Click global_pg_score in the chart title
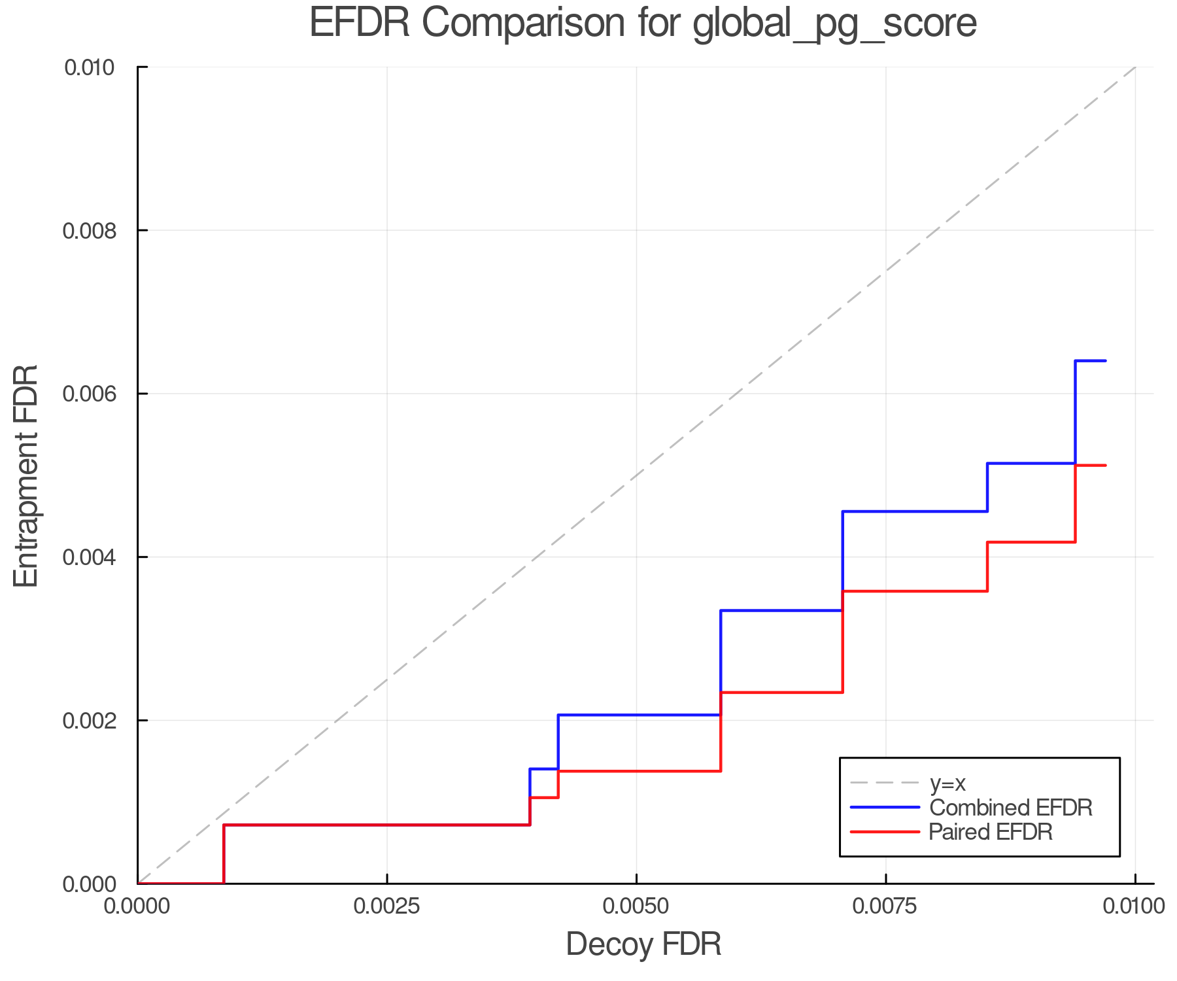click(834, 24)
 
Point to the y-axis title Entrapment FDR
click(26, 475)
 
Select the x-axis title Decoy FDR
click(643, 944)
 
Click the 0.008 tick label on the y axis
click(89, 230)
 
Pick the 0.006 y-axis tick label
click(89, 394)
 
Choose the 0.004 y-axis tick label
click(89, 557)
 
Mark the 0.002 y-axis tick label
click(89, 721)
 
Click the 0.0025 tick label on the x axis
click(387, 906)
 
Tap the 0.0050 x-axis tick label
click(636, 906)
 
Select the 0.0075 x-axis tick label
click(886, 906)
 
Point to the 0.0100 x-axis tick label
click(1134, 906)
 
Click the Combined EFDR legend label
click(1011, 808)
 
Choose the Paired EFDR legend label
click(991, 832)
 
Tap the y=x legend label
click(947, 783)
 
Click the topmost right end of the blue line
click(1105, 361)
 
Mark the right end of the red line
click(1105, 466)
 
